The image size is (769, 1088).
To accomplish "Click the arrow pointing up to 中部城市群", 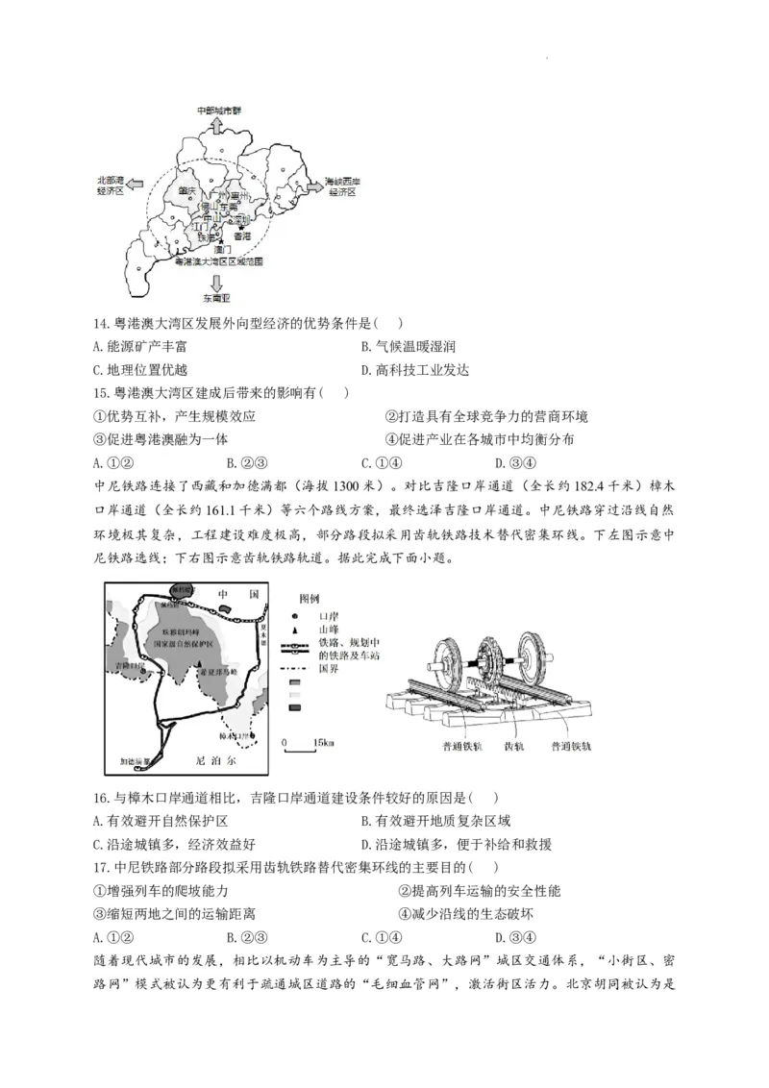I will [x=218, y=124].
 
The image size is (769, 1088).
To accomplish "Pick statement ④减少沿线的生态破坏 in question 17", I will [x=465, y=914].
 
